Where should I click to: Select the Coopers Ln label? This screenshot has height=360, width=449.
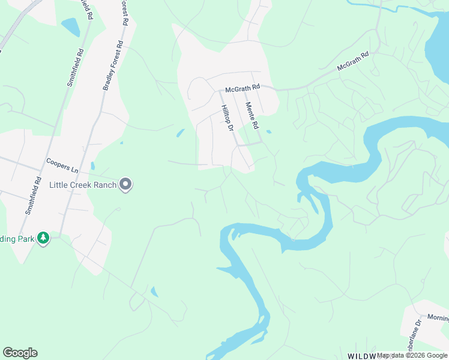pos(62,165)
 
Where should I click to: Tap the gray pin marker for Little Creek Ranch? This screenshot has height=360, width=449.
pos(125,185)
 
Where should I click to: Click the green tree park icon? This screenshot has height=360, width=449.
pos(43,239)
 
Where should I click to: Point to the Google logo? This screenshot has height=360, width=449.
pos(20,353)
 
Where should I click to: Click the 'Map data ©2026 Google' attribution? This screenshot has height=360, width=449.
pos(412,355)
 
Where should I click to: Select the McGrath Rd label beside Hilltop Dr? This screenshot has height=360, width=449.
pos(242,89)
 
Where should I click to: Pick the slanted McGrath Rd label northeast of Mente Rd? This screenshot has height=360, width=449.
pos(352,62)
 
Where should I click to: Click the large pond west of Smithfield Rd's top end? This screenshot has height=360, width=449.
pos(70,27)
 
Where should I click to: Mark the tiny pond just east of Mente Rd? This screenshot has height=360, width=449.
pos(268,131)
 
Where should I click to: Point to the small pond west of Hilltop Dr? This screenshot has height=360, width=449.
pos(180,133)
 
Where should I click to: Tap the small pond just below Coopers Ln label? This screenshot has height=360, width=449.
pos(92,166)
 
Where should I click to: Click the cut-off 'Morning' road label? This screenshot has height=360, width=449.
pos(438,317)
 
